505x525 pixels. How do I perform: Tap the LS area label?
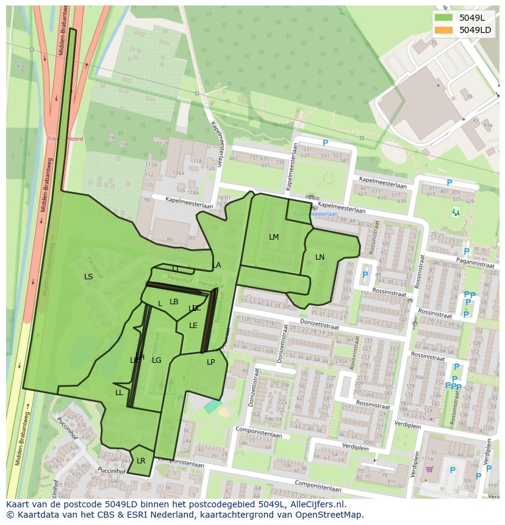pos(88,277)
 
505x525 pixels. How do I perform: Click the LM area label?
pos(274,237)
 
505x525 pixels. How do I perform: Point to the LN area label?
pos(320,257)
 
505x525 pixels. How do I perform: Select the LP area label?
pos(211,362)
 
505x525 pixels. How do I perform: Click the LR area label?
pos(141,461)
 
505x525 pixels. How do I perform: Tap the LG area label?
pos(157,360)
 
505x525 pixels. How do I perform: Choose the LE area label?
pos(193,326)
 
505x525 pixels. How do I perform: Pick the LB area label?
pos(174,302)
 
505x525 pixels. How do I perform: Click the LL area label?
pos(119,393)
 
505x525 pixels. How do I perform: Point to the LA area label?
pos(217,265)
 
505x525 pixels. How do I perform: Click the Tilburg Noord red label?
pos(65,139)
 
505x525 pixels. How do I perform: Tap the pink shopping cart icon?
pos(429,469)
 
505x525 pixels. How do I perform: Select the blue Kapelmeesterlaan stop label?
pos(315,215)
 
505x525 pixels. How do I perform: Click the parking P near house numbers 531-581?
pos(325,143)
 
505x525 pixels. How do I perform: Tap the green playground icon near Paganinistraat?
pos(455,212)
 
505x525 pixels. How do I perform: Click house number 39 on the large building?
pos(468,97)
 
